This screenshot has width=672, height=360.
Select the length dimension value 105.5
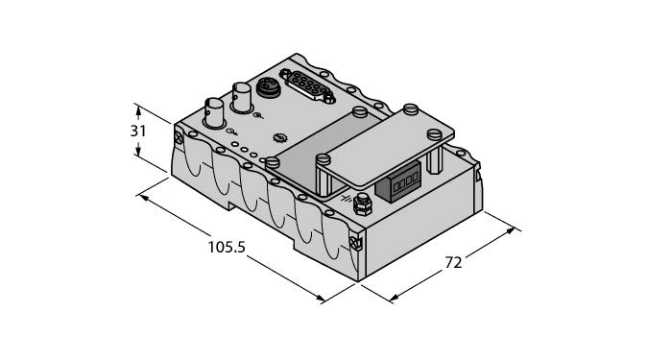coord(228,248)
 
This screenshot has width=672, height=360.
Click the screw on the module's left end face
coord(180,139)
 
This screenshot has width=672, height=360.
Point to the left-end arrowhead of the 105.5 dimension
coord(142,197)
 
